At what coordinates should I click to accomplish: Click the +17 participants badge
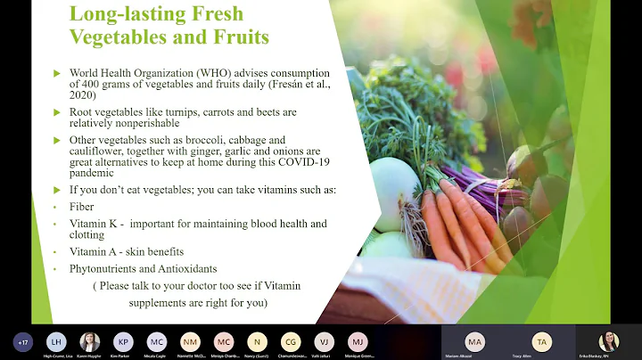point(23,341)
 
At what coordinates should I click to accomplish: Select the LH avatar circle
point(56,341)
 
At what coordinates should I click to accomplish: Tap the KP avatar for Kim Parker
point(123,341)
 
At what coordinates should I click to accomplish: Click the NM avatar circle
point(190,341)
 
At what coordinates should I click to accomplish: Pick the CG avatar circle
point(291,341)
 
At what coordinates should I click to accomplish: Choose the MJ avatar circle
point(358,341)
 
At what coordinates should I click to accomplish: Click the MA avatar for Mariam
point(475,341)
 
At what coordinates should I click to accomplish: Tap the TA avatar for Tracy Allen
point(542,341)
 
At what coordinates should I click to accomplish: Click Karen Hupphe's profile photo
point(90,341)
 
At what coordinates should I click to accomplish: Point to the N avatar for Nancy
point(257,341)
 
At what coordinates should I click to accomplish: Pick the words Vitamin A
point(97,252)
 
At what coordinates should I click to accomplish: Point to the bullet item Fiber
point(81,206)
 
